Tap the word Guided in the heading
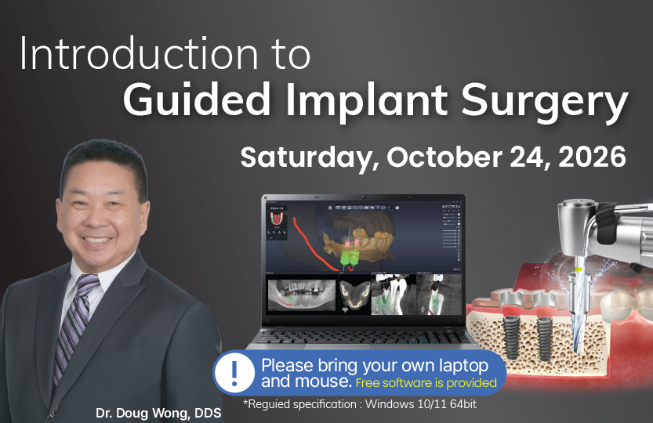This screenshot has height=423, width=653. click(196, 100)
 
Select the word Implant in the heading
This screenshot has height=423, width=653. click(366, 102)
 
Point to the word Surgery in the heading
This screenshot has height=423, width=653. click(544, 103)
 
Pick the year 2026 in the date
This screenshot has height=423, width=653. click(591, 157)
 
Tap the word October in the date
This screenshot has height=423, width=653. click(444, 157)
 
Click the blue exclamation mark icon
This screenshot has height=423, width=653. click(234, 373)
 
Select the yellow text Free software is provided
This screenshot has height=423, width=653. click(426, 382)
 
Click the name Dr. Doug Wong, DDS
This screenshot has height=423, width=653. click(158, 413)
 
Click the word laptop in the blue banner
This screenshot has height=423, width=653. click(463, 367)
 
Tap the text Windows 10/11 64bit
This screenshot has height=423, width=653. click(421, 404)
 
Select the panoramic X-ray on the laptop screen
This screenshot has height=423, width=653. click(301, 295)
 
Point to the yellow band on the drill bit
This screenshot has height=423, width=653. click(577, 269)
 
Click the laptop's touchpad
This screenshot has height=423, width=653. click(336, 346)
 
